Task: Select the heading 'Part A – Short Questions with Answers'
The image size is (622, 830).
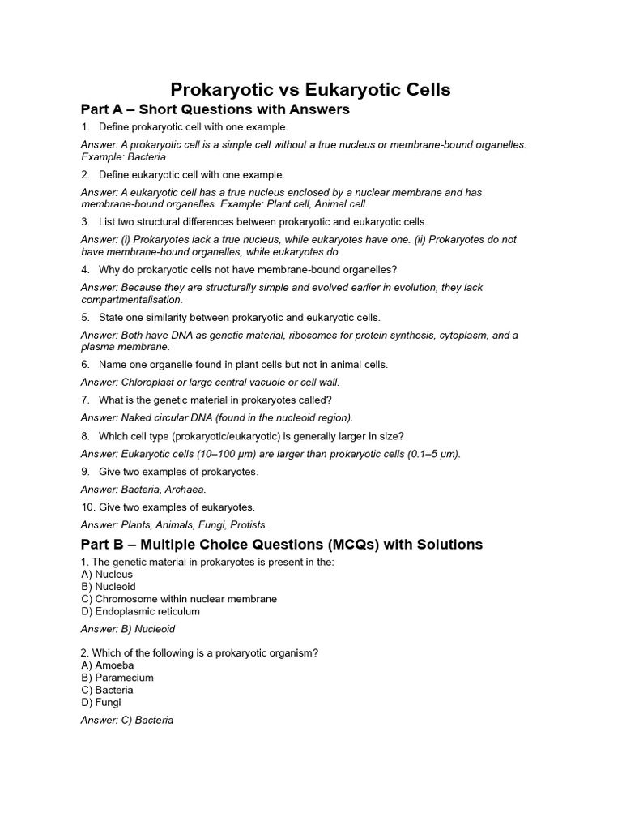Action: pos(215,109)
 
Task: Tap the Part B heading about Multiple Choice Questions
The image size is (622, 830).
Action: pos(281,545)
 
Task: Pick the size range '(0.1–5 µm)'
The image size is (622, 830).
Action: pos(430,454)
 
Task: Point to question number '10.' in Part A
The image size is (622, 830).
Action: pos(88,507)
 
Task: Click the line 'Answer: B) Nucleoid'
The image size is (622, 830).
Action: pos(128,629)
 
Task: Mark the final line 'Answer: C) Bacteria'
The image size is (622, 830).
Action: pos(127,720)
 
